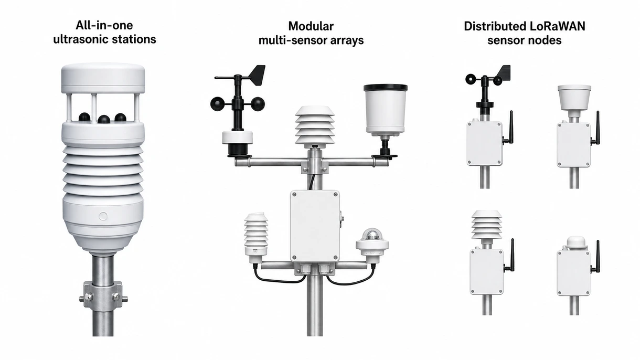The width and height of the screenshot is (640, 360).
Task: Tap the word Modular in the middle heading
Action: click(311, 26)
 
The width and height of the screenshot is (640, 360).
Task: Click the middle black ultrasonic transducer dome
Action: click(104, 119)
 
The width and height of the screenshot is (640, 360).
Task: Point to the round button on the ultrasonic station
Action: click(103, 216)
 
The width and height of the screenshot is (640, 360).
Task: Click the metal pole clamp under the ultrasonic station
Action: click(103, 294)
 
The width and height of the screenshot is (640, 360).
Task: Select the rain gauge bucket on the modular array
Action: click(386, 110)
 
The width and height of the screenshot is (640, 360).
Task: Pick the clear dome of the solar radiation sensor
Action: click(372, 235)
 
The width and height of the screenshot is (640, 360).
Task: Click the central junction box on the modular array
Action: click(315, 226)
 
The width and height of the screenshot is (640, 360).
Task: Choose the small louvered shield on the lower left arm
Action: click(256, 234)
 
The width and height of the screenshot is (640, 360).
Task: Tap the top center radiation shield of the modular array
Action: click(315, 125)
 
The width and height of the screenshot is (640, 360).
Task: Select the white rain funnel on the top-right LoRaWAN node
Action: click(574, 98)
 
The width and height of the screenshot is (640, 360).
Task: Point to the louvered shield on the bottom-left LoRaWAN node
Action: click(486, 225)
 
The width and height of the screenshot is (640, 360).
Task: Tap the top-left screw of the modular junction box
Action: click(294, 195)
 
